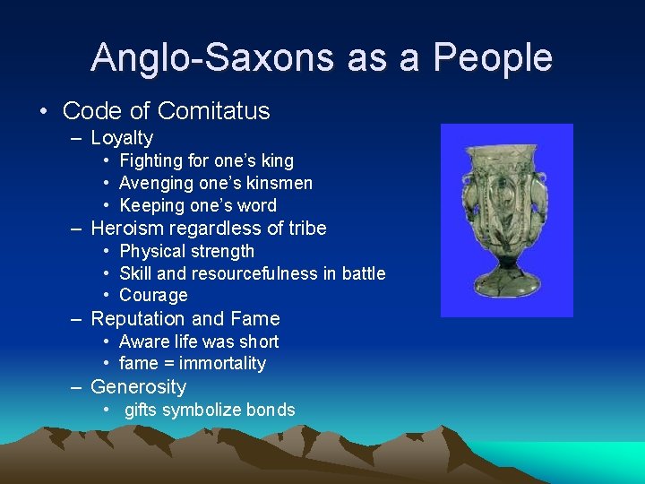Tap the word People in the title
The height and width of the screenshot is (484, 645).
(x=493, y=57)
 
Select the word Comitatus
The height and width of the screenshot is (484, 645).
(x=213, y=111)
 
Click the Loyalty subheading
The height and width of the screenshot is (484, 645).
(x=122, y=138)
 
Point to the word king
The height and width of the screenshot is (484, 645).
(x=277, y=161)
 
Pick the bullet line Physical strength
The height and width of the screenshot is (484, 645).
(x=186, y=252)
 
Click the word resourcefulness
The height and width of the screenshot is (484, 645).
(x=253, y=273)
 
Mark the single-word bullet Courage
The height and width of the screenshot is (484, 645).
(x=153, y=296)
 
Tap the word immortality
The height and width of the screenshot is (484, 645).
(x=222, y=364)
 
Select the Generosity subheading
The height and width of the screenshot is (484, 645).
(x=139, y=387)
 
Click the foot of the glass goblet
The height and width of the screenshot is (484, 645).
(x=505, y=289)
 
